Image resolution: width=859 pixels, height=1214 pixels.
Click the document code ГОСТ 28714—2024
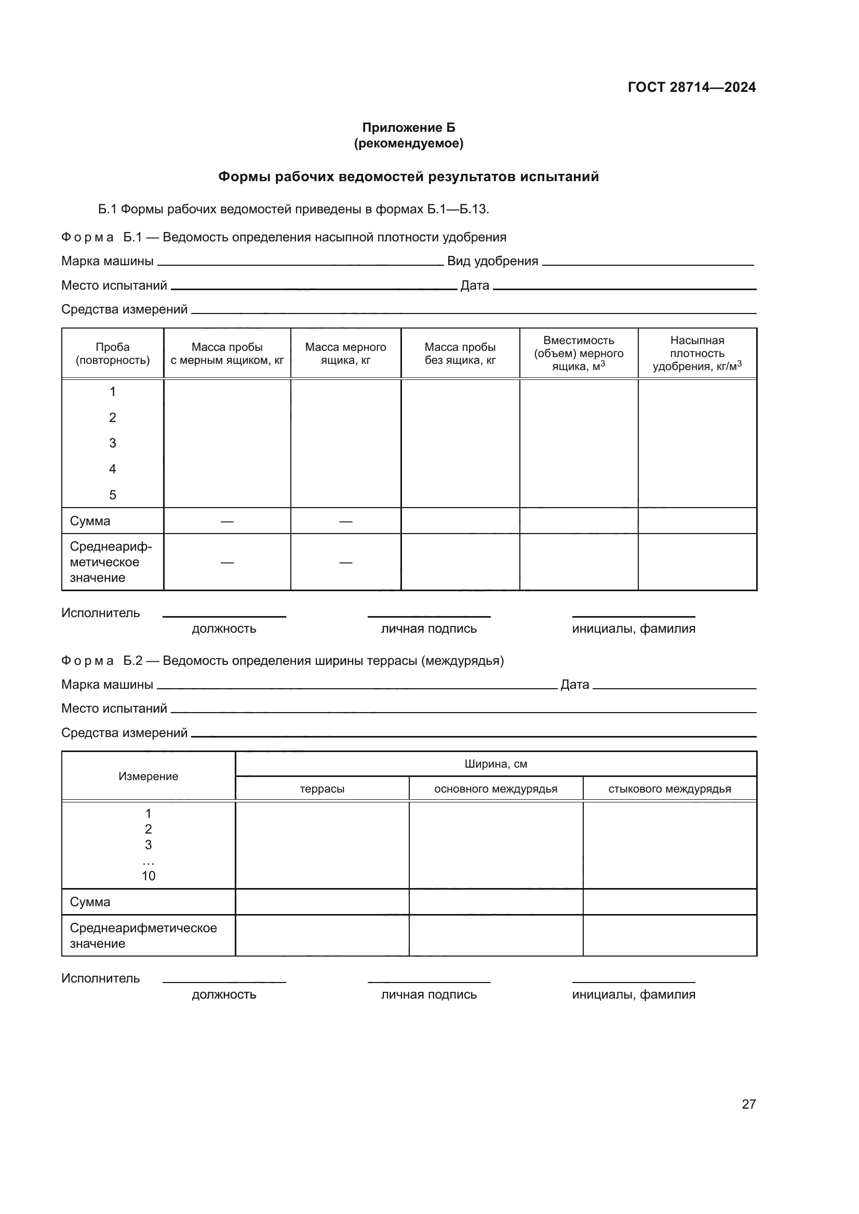tap(691, 87)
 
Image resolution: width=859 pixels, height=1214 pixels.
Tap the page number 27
tap(748, 1104)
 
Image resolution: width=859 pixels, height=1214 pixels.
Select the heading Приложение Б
tap(408, 128)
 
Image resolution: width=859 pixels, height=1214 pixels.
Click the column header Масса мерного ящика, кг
tap(345, 353)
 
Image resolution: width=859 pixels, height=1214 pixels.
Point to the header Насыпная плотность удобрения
tap(696, 353)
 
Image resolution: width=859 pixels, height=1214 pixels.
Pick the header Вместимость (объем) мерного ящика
tap(578, 353)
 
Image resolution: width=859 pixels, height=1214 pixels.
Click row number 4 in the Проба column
tap(112, 469)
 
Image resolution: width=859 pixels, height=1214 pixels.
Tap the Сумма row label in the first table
tap(90, 521)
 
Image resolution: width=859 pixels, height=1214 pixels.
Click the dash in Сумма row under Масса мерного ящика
tap(345, 521)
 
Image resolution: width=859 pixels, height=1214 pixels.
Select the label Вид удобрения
tap(492, 261)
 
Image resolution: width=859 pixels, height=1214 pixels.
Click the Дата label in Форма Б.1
tap(475, 285)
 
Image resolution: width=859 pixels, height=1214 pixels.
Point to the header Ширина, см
tap(495, 764)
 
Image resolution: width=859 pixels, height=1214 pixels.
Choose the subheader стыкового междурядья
tap(669, 789)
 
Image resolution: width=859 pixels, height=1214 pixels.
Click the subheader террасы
tap(321, 789)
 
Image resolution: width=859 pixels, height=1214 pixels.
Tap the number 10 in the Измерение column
tap(148, 876)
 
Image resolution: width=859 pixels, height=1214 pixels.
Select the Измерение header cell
tap(148, 776)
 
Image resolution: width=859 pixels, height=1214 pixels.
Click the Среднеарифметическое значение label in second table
tap(143, 935)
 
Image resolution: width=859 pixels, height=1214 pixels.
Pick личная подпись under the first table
tap(428, 629)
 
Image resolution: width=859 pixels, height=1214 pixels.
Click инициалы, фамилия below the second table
tap(633, 994)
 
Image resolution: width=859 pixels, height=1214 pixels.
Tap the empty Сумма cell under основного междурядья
tap(495, 902)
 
